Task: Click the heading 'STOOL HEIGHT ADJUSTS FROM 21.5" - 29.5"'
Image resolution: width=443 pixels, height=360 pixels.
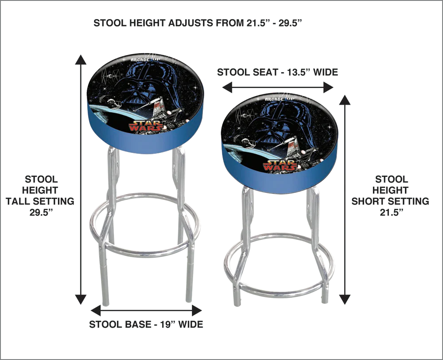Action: click(198, 23)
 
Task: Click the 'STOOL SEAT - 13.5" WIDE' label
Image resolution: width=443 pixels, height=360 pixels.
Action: click(277, 72)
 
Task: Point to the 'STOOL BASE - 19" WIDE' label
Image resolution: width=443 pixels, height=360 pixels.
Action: click(146, 324)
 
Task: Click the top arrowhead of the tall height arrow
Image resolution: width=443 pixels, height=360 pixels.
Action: click(81, 60)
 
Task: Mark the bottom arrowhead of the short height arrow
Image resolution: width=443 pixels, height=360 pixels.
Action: click(345, 299)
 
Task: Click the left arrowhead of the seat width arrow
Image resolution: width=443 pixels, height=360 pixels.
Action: click(227, 87)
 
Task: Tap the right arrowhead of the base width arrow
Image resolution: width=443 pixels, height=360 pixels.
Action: click(197, 310)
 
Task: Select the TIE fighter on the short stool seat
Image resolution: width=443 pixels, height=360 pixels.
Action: click(245, 114)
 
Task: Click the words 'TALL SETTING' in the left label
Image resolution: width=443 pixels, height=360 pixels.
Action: click(40, 201)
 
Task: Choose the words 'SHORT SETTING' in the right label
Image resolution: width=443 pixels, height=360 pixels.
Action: click(390, 201)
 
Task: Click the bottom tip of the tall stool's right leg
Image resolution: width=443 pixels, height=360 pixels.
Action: click(189, 301)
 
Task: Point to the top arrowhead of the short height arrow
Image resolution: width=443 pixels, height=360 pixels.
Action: click(345, 100)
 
